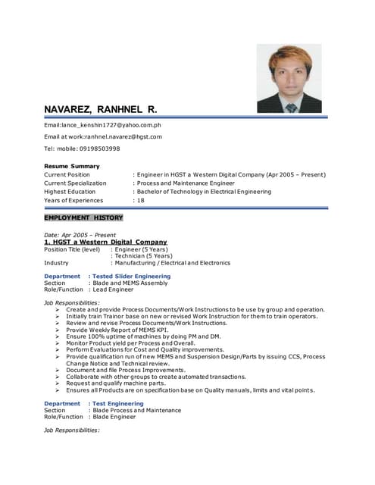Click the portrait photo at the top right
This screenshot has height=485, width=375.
click(289, 79)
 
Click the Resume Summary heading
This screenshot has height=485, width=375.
click(71, 166)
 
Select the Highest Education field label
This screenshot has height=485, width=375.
click(70, 192)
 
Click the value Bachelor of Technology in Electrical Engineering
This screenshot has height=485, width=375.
click(205, 192)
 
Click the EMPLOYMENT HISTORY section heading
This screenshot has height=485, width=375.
click(83, 217)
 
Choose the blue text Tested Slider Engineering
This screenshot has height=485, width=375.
click(131, 277)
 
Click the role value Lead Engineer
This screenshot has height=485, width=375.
click(114, 289)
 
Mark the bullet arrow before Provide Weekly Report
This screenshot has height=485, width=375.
click(58, 330)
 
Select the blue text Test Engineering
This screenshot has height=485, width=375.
click(117, 404)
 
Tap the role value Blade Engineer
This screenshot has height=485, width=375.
click(114, 417)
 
